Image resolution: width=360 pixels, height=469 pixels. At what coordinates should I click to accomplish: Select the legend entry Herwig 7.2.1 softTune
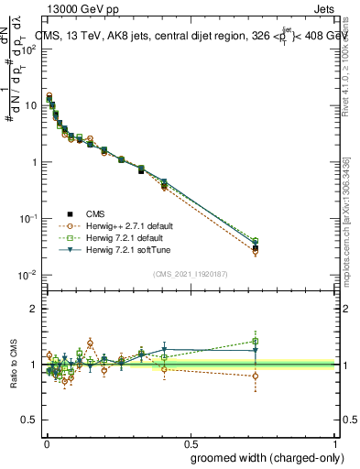tap(130, 249)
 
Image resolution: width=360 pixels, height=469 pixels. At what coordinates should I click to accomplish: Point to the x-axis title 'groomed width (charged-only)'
tap(262, 456)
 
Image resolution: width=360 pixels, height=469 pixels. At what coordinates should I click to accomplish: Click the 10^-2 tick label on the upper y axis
tap(26, 276)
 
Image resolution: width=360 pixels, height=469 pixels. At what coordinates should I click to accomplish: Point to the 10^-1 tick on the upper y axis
tap(26, 219)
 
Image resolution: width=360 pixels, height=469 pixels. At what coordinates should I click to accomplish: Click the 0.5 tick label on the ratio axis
tap(28, 420)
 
